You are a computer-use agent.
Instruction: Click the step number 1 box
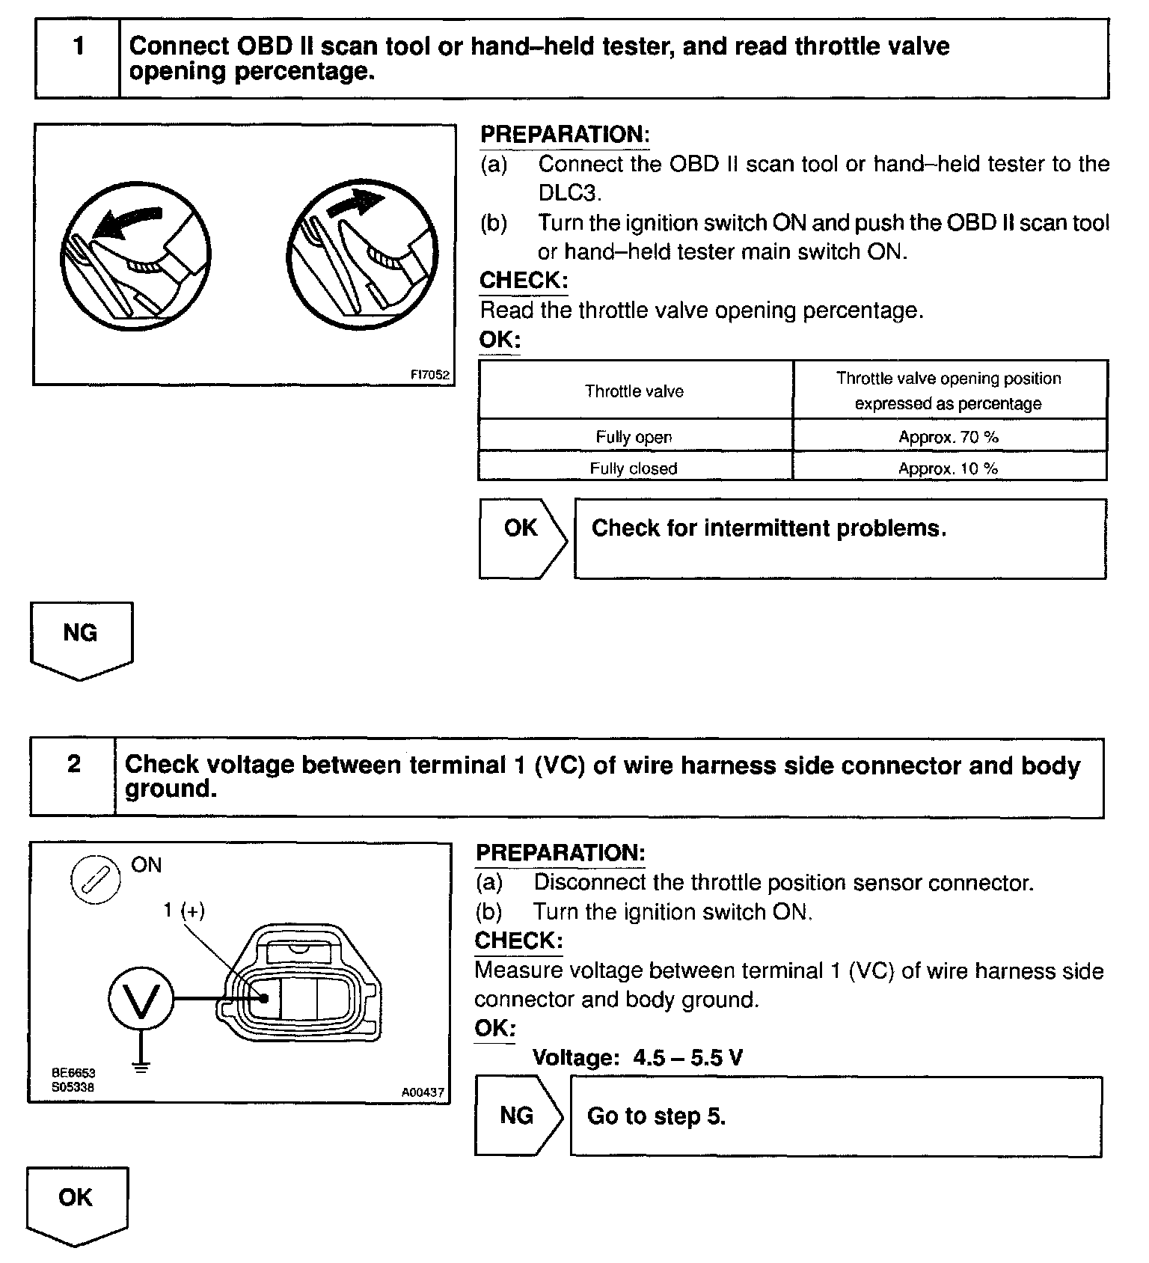78,58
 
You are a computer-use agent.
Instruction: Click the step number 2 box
73,776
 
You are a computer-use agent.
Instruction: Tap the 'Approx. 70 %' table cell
949,437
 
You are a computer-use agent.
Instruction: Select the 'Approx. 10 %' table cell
949,468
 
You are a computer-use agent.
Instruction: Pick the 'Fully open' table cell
634,437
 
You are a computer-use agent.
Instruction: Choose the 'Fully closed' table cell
634,468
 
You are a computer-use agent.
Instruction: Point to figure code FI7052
430,375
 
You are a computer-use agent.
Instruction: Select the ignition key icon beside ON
95,880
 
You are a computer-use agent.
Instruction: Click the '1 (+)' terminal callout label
184,910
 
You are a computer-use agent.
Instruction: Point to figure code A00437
423,1092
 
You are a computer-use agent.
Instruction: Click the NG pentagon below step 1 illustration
81,638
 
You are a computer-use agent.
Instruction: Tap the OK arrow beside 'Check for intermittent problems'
522,537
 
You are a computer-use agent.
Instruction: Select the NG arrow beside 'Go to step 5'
518,1116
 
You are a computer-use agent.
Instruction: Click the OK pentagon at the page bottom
76,1203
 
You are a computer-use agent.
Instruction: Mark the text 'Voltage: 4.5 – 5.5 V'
637,1057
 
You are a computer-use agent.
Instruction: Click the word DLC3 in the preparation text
569,192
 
